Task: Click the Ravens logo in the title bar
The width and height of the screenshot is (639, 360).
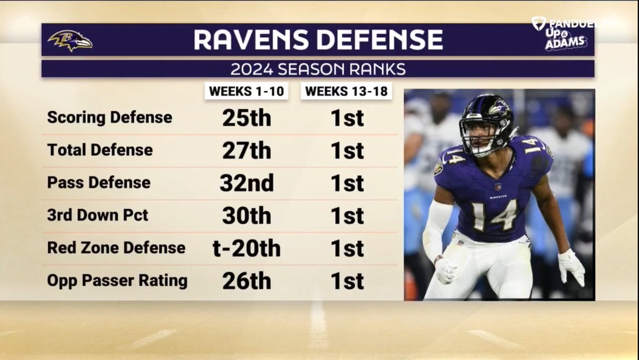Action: point(70,40)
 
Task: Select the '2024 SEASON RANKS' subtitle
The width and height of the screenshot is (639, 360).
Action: point(317,69)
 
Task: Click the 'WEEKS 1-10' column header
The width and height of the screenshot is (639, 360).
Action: point(246,91)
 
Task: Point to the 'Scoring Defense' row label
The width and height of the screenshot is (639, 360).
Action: point(110,117)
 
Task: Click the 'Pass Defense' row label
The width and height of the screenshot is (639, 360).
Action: point(99,183)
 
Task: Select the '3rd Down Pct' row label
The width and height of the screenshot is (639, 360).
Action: point(98,215)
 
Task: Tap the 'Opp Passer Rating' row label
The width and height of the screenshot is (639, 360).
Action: point(117,281)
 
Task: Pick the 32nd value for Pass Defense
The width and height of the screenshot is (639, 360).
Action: point(247,183)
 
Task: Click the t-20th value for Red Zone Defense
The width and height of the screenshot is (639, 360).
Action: point(247,248)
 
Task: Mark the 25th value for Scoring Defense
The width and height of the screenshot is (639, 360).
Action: point(247,118)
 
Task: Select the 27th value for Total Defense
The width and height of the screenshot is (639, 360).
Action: point(247,151)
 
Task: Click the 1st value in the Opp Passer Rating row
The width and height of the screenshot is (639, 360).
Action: point(347,281)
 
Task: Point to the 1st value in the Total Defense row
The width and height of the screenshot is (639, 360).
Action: point(347,151)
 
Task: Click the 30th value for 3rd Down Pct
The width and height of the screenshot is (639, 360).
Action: point(247,216)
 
